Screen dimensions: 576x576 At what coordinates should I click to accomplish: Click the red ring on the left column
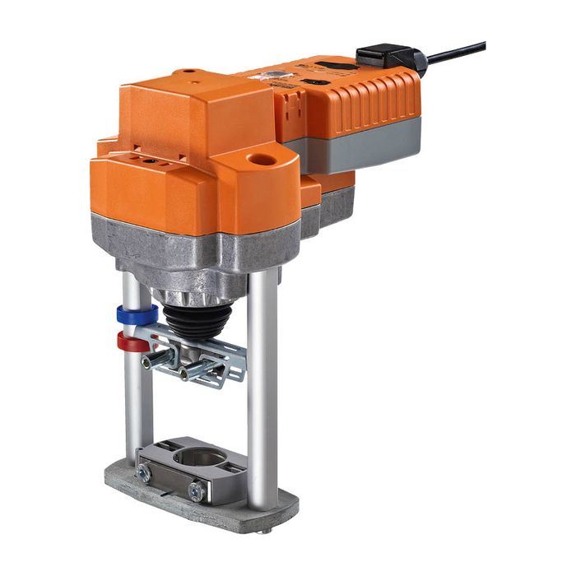coord(131,340)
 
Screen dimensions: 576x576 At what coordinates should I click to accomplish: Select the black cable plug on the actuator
coord(388,58)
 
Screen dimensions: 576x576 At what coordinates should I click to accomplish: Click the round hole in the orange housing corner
coord(263,159)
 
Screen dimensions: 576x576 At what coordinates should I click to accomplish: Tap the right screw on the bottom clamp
coord(197,491)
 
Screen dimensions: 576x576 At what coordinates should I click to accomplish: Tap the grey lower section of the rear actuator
coord(362,148)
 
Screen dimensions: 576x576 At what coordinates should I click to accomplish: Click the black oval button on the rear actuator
coord(318,82)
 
